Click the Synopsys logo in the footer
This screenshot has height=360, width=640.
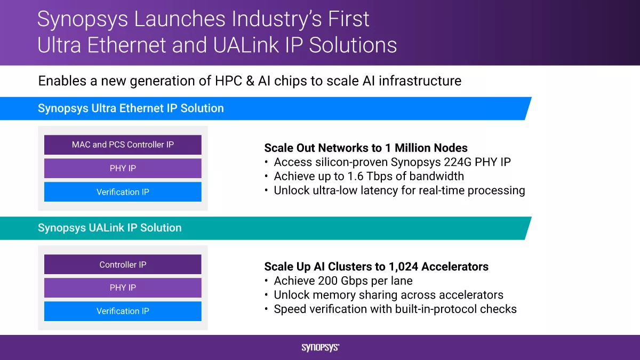pyautogui.click(x=321, y=347)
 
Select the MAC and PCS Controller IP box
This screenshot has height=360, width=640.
pyautogui.click(x=123, y=145)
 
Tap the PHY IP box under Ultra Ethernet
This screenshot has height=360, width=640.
pyautogui.click(x=123, y=169)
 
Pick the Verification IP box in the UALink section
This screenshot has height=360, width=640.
pyautogui.click(x=123, y=311)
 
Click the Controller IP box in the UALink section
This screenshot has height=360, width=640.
pyautogui.click(x=123, y=265)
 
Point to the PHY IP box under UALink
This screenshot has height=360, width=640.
pyautogui.click(x=123, y=287)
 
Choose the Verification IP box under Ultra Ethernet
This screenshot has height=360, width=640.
pyautogui.click(x=123, y=191)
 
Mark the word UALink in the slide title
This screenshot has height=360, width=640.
pyautogui.click(x=246, y=45)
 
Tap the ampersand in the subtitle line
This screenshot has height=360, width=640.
pyautogui.click(x=250, y=81)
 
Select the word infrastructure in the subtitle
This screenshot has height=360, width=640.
pyautogui.click(x=420, y=81)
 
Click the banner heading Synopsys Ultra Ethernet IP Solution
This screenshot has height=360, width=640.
pyautogui.click(x=131, y=108)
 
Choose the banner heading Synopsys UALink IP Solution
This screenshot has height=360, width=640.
pyautogui.click(x=110, y=228)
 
